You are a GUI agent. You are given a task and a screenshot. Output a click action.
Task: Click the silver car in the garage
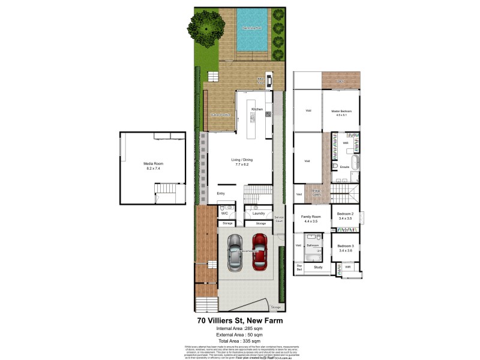[235, 253]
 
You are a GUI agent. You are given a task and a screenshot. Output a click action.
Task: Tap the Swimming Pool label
[251, 28]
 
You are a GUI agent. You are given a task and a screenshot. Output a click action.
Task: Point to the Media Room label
[154, 164]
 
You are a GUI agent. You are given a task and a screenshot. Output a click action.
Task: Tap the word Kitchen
[257, 109]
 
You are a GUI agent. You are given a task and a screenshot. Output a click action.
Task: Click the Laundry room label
[259, 213]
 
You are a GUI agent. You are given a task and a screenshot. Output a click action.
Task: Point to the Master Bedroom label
[341, 112]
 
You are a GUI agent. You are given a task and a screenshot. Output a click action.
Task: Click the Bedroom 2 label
[344, 214]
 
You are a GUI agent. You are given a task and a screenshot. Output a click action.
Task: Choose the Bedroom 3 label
[344, 247]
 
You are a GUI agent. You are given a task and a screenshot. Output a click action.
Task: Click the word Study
[318, 267]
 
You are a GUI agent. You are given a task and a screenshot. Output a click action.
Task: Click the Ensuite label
[344, 166]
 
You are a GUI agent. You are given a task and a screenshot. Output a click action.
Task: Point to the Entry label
[221, 193]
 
